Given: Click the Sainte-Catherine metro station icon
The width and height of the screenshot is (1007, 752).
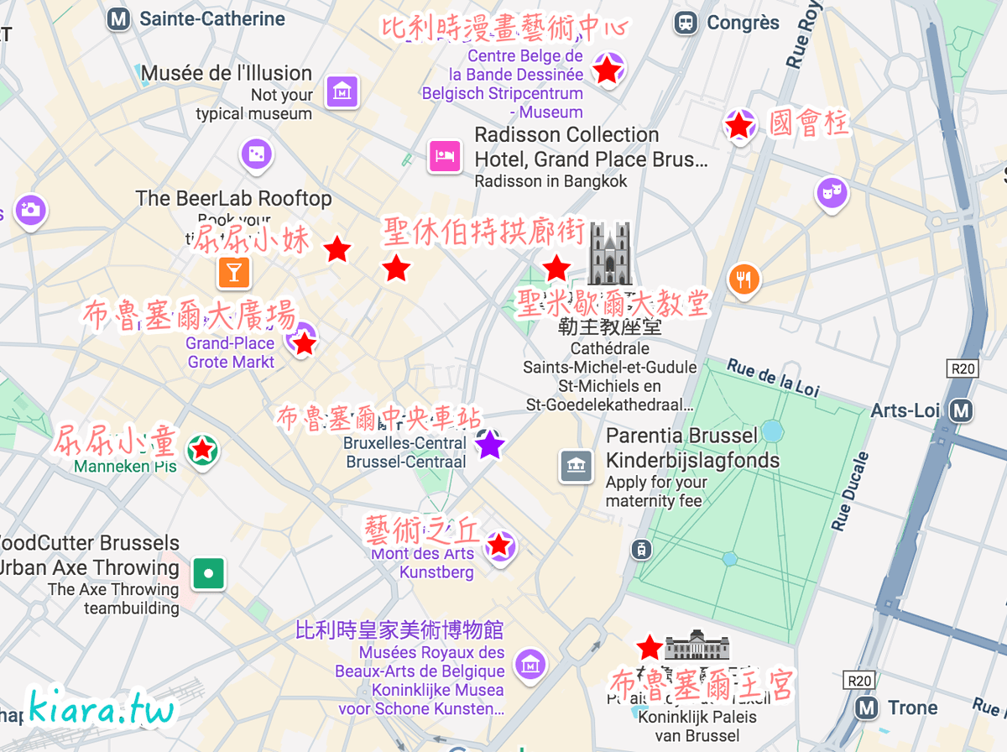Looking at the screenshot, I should pos(120,19).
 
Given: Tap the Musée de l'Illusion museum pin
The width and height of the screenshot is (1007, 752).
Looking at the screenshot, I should pos(342,91).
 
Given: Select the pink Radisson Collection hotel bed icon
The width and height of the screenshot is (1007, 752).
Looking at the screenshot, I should pos(445,155).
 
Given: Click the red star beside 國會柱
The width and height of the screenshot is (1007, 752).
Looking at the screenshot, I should pos(738,126).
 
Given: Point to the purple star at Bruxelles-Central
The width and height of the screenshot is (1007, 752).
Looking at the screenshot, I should pos(490,445).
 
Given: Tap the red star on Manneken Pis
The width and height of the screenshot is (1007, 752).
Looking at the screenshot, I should pos(202,451).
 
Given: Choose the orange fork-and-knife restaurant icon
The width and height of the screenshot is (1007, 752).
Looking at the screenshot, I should pos(744,279).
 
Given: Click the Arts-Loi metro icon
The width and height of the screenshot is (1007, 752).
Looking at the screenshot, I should pos(962,410).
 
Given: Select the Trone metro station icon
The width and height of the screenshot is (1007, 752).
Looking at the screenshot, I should pos(867,708).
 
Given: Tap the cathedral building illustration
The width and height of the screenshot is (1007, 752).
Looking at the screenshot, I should pos(609,253).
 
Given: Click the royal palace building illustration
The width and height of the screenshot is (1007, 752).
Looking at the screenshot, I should pos(697,645).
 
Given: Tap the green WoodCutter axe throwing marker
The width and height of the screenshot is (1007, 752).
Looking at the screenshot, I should pos(208,574).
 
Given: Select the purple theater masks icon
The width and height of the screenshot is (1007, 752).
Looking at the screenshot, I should pos(832,194).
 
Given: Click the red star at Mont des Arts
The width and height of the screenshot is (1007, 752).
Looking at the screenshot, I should pos(499,546).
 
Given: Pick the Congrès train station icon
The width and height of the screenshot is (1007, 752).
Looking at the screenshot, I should pos(686,23).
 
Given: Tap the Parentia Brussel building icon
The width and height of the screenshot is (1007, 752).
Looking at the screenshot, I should pos(576,466).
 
